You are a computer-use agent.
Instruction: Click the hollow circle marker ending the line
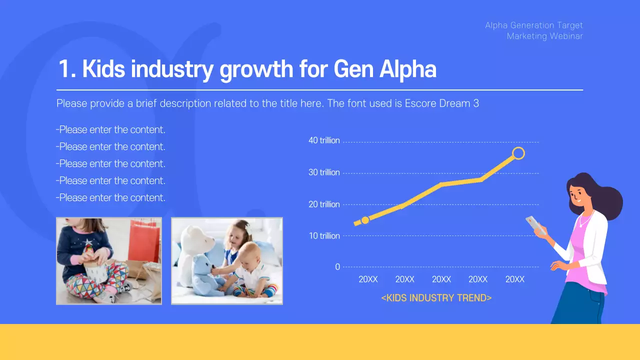(518, 153)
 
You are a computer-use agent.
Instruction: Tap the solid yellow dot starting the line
(365, 220)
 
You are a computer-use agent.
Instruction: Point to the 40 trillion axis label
(324, 140)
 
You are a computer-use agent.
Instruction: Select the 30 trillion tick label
(324, 172)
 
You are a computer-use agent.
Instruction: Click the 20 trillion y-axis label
(324, 204)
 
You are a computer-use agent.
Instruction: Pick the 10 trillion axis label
(324, 236)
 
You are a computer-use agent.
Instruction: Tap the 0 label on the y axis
(337, 267)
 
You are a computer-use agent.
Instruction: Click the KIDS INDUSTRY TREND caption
(436, 298)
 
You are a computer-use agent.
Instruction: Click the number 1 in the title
(63, 69)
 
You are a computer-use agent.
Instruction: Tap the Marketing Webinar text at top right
(544, 36)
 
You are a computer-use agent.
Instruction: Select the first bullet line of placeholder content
(110, 130)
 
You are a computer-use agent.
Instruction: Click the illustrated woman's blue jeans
(575, 305)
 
